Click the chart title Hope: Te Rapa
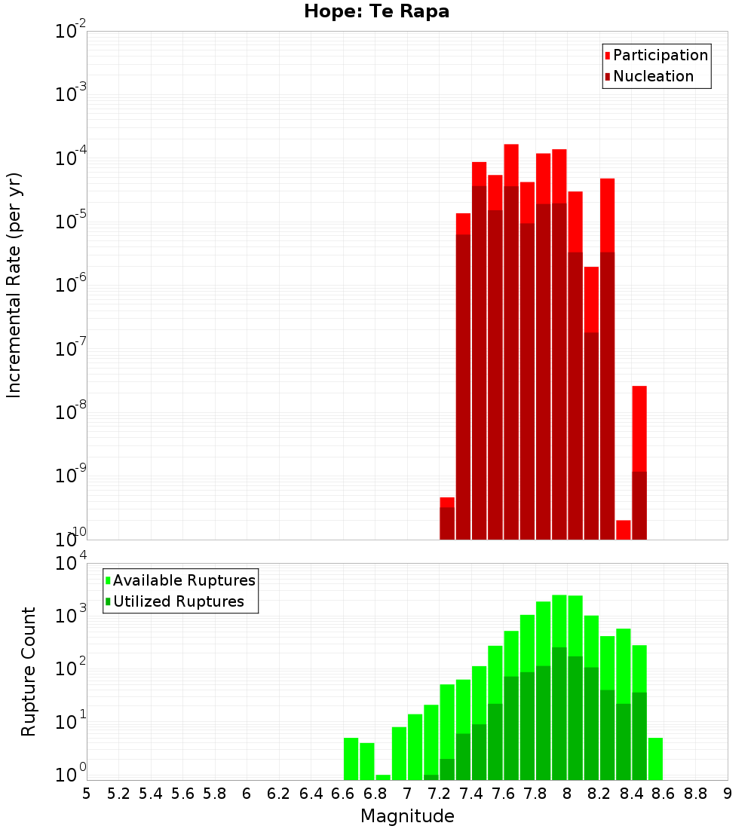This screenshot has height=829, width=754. point(376,12)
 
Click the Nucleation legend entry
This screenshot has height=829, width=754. point(652,76)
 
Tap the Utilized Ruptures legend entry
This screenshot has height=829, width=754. point(178,601)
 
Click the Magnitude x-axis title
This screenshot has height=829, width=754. point(407,816)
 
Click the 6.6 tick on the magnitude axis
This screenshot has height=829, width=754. point(343,794)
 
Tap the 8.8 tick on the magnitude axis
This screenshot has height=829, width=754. point(695,794)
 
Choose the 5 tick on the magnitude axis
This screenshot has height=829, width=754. point(87,794)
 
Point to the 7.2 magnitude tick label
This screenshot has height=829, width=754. point(439,794)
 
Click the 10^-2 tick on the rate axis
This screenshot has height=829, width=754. point(71,32)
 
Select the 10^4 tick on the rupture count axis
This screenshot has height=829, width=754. point(71,564)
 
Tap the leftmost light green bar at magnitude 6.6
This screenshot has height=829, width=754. point(351,759)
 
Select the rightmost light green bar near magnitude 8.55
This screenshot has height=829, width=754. point(655,759)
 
